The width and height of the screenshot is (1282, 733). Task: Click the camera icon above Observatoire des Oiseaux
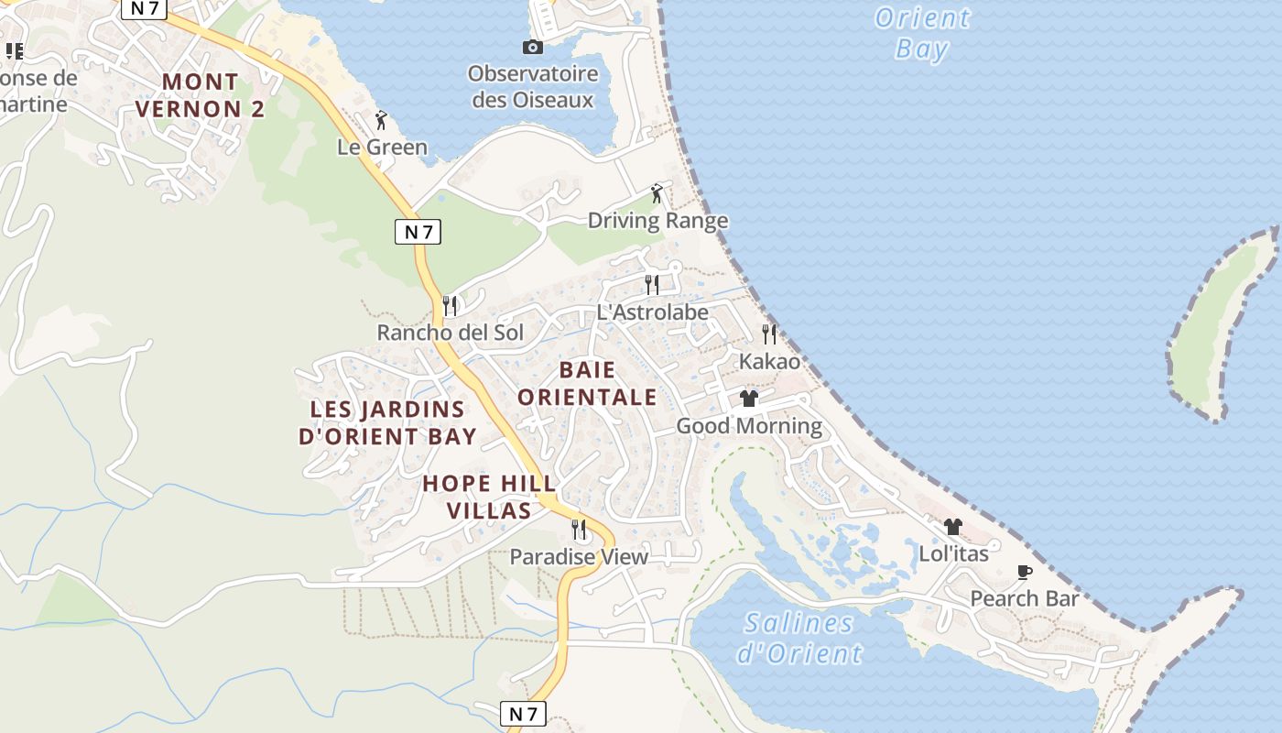tap(532, 47)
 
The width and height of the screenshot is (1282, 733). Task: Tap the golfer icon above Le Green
tap(382, 120)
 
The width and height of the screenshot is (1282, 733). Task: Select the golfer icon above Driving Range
tap(657, 193)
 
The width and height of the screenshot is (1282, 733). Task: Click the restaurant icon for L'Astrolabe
tap(651, 284)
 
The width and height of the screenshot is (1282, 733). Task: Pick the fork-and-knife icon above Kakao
tap(769, 334)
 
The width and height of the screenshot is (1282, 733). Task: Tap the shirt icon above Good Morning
tap(749, 399)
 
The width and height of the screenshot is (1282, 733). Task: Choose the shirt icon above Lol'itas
tap(953, 527)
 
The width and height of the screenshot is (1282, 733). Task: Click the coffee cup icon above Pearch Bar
tap(1025, 573)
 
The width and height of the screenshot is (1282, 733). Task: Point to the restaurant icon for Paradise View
tap(579, 529)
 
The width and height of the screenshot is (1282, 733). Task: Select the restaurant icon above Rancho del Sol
tap(450, 305)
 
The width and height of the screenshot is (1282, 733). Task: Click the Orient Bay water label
tap(921, 32)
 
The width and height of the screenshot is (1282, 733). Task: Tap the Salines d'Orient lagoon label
tap(799, 639)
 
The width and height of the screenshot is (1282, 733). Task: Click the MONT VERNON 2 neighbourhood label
tap(200, 95)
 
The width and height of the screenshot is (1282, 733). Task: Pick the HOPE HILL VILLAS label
tap(489, 497)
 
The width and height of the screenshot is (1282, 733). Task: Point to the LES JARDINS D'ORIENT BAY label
tap(387, 422)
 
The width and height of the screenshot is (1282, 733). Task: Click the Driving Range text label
tap(657, 221)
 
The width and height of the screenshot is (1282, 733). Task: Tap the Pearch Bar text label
tap(1025, 599)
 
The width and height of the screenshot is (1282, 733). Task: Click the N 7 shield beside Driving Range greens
tap(418, 232)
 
